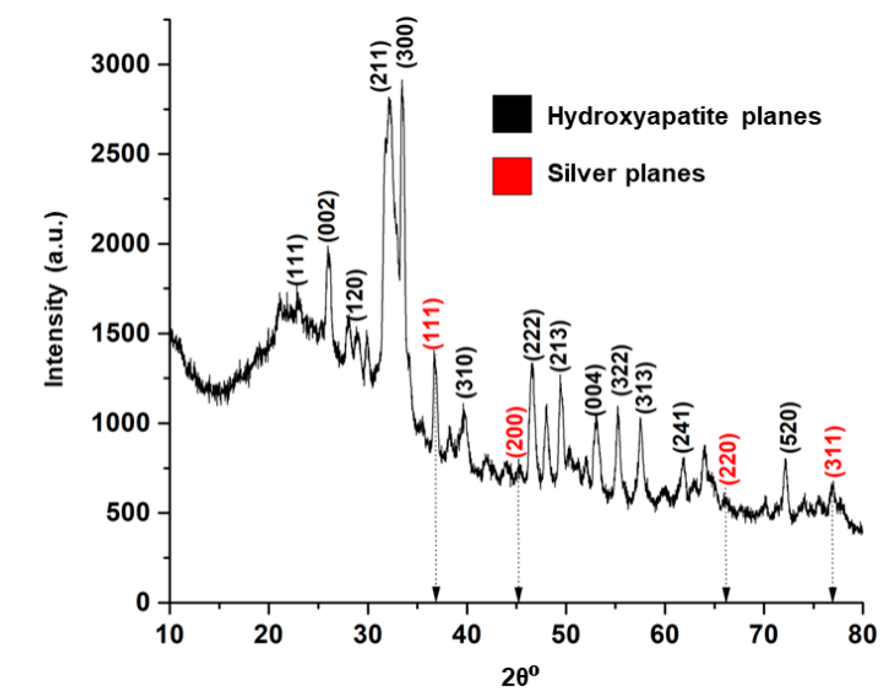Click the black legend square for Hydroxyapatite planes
point(512,114)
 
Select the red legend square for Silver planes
point(512,176)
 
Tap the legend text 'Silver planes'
point(626,173)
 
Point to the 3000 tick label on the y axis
point(119,65)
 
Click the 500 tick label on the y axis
point(127,513)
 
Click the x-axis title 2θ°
point(520,678)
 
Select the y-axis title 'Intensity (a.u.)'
point(55,299)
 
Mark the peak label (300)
point(408,42)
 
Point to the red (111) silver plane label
point(433,324)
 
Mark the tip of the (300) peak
point(402,81)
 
